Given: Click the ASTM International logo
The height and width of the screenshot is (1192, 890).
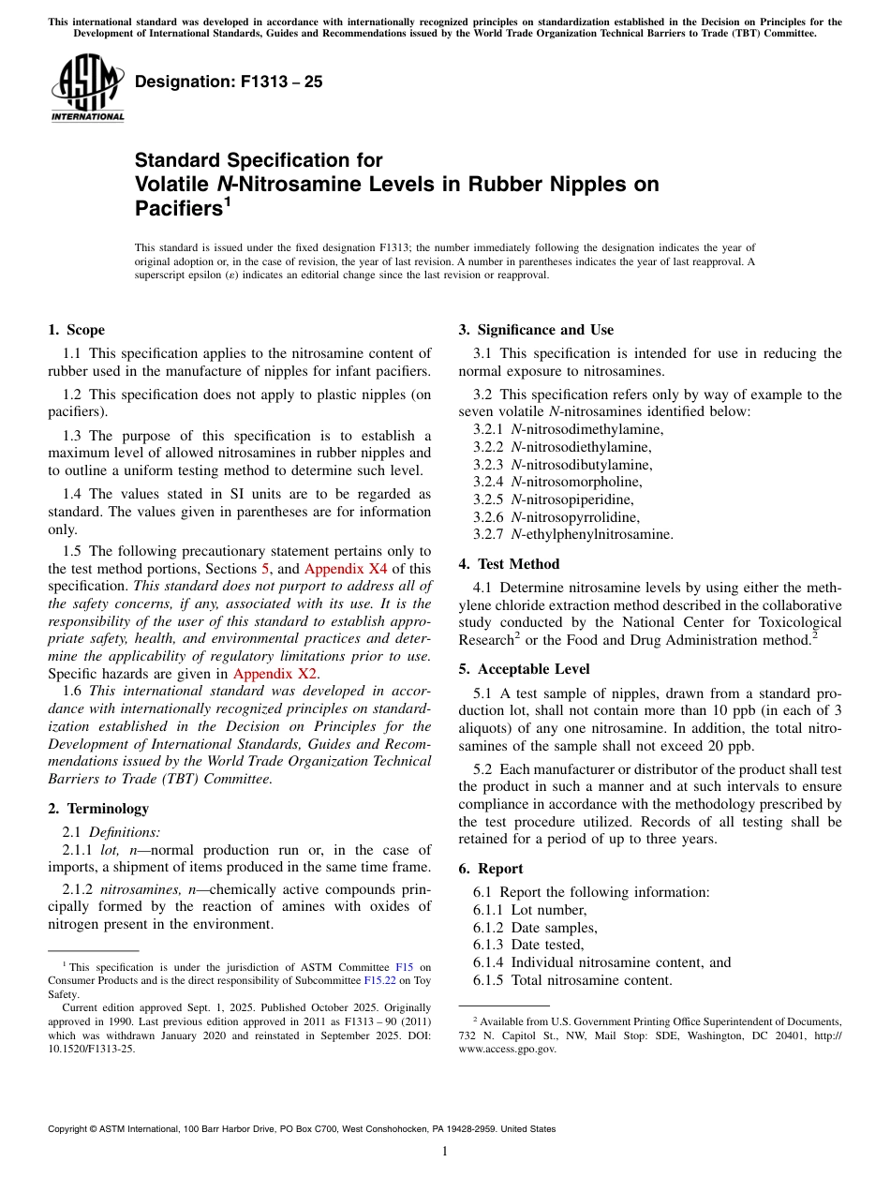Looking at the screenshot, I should coord(87,88).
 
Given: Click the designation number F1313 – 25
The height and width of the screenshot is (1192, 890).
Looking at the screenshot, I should coord(229,82).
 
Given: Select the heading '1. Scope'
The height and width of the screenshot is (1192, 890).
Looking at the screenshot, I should coord(76,330).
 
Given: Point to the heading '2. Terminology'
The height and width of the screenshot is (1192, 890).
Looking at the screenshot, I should coord(97,808).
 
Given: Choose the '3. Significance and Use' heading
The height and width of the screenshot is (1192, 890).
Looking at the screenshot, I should coord(536,330).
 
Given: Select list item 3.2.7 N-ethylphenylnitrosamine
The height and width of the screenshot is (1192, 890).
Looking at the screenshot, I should coord(572,534).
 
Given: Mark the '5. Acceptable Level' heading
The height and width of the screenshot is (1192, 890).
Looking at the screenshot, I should coord(524,669).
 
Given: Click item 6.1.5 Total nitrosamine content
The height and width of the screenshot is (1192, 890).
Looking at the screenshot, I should coord(572,980).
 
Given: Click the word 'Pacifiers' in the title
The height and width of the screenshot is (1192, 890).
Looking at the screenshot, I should coord(179,209).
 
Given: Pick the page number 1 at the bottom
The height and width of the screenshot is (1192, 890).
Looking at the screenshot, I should coord(445,1151).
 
